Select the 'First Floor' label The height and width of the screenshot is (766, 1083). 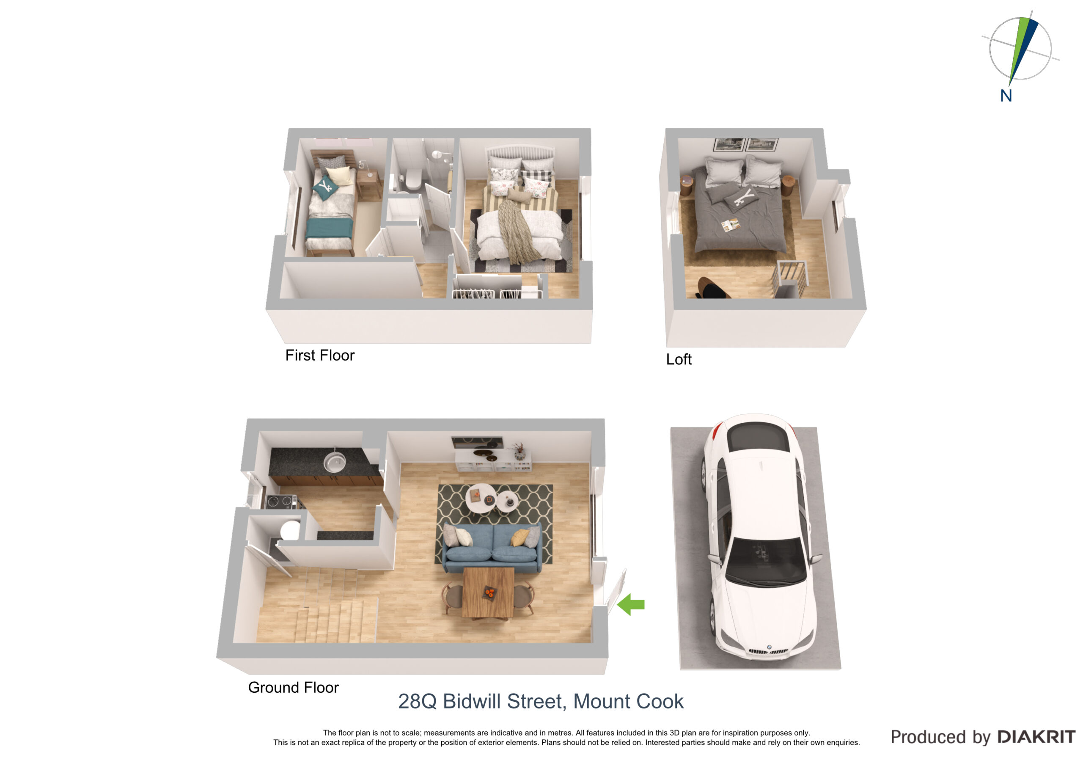click(320, 355)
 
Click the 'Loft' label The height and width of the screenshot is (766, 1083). click(678, 359)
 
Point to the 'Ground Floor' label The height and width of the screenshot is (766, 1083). click(294, 688)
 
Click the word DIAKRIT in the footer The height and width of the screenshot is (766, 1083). click(1036, 737)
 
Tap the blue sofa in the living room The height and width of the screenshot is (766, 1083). click(492, 548)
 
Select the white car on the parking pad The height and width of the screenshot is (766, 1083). click(759, 536)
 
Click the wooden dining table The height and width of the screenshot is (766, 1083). click(488, 593)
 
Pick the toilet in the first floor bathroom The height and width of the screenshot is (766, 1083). click(413, 179)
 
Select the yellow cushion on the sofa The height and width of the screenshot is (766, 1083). click(520, 537)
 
